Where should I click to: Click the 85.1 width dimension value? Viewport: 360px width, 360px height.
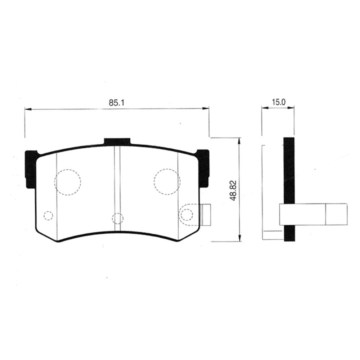(x=116, y=102)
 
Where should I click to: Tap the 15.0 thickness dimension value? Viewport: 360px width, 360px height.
(x=278, y=102)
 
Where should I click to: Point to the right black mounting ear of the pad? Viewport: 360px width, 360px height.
(x=203, y=168)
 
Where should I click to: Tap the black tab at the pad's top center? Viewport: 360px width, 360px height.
(x=117, y=142)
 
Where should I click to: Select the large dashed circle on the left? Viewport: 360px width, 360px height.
(x=67, y=182)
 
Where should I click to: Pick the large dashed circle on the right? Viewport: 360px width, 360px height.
(x=167, y=182)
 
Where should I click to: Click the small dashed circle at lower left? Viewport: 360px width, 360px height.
(x=48, y=216)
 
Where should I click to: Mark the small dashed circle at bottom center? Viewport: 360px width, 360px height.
(x=117, y=218)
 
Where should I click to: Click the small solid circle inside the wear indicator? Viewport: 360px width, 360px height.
(x=186, y=215)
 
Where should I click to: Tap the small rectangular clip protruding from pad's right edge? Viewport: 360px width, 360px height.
(x=206, y=215)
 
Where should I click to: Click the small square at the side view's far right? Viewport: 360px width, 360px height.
(x=337, y=214)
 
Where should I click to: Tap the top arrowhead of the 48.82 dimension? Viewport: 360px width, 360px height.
(x=239, y=140)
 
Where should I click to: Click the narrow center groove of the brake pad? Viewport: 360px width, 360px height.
(x=117, y=187)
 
